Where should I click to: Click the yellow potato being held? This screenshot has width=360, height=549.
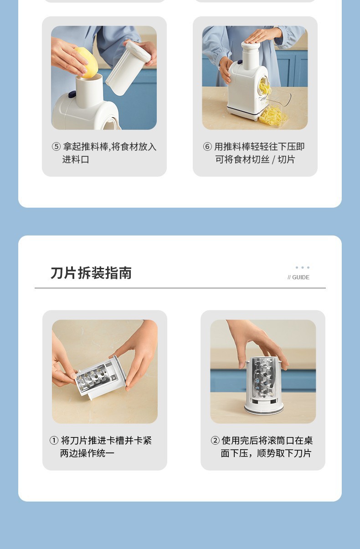pos(86,62)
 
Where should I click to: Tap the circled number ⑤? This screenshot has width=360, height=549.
pos(56,147)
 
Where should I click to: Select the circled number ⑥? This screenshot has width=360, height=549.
pos(207,147)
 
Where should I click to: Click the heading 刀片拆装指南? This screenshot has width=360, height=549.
pos(91,273)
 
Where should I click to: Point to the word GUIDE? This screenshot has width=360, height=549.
pos(301,277)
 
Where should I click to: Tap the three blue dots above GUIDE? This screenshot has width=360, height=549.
pos(303,267)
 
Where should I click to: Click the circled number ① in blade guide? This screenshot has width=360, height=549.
pos(54,441)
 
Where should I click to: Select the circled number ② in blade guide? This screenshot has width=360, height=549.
pos(215,441)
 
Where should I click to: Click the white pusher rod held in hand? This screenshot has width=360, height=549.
pos(128,67)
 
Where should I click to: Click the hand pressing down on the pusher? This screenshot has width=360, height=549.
pos(262,36)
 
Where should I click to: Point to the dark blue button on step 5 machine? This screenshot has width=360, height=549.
pos(72,93)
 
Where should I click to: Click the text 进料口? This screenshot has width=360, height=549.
pos(76,159)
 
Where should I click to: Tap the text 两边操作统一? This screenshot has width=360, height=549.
pos(87,453)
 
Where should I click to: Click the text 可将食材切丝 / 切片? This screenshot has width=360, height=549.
pos(255,159)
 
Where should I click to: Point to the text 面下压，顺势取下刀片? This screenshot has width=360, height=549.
pos(266,453)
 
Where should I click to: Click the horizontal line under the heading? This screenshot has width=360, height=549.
pos(180,288)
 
